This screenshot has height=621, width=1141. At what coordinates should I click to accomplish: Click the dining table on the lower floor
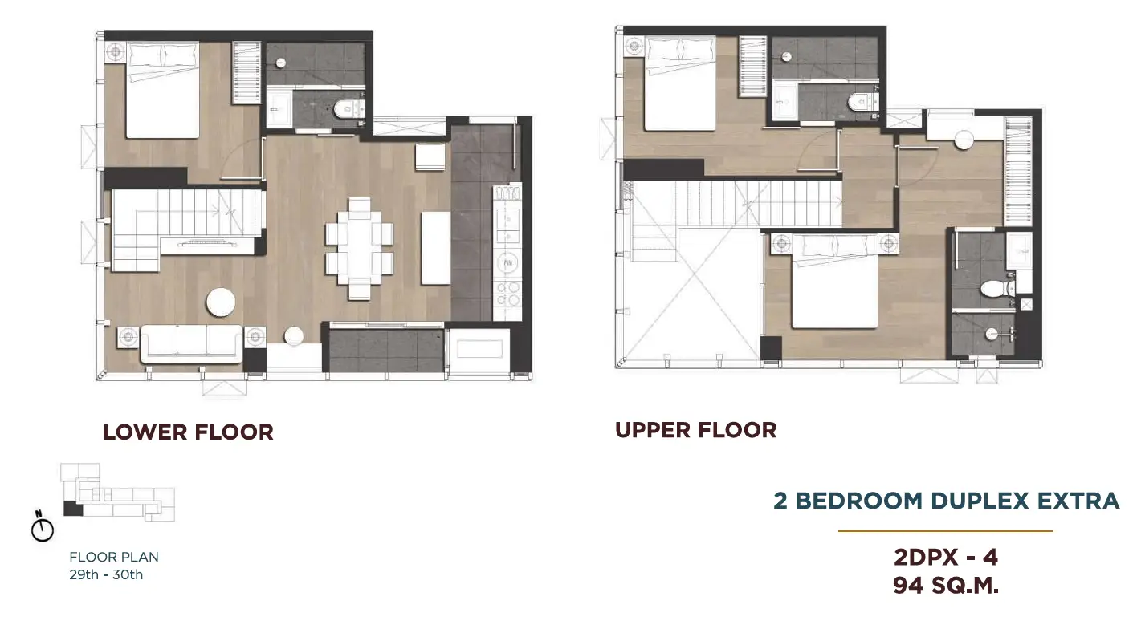click(360, 248)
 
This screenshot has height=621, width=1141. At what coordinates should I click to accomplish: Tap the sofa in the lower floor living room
click(192, 343)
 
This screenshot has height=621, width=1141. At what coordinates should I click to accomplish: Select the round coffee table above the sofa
click(221, 302)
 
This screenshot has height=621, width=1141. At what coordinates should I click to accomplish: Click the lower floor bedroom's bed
click(162, 90)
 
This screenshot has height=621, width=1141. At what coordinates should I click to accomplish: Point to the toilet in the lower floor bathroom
click(346, 108)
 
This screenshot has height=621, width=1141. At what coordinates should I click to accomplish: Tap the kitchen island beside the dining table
click(435, 248)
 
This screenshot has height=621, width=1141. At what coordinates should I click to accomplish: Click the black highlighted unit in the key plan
click(73, 509)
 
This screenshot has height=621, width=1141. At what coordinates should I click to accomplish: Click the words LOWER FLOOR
click(188, 432)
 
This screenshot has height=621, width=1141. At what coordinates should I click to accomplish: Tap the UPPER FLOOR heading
click(696, 430)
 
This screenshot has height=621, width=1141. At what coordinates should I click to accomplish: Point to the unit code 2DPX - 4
click(945, 558)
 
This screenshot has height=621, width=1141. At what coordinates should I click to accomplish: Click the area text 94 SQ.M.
click(946, 586)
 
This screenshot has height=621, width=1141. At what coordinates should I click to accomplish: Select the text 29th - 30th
click(106, 574)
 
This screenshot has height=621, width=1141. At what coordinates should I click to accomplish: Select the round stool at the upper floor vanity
click(964, 140)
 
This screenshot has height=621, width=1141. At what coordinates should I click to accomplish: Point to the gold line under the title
click(945, 531)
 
